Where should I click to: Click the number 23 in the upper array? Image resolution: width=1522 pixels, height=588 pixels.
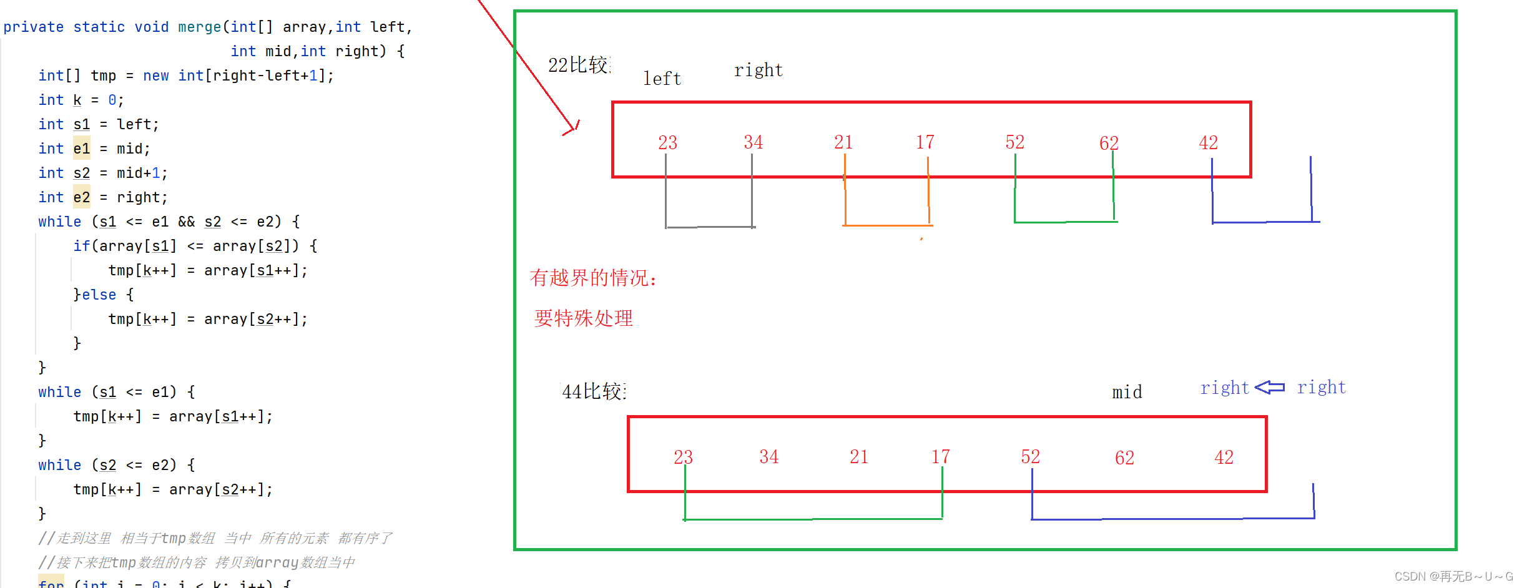click(x=667, y=142)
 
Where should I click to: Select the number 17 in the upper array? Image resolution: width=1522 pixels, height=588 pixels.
click(x=925, y=142)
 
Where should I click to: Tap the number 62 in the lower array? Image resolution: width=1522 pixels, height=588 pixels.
click(x=1124, y=458)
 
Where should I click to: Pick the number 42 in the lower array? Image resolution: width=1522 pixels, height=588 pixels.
click(x=1224, y=457)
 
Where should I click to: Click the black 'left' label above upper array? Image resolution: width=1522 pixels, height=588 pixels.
click(x=662, y=79)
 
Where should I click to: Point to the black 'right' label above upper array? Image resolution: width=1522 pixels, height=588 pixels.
click(x=758, y=70)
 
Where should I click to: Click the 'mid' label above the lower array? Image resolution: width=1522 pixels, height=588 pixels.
click(x=1127, y=392)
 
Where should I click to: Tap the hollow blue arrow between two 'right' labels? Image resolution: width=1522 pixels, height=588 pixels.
click(x=1270, y=388)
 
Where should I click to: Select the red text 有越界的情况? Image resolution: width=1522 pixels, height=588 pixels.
click(x=592, y=278)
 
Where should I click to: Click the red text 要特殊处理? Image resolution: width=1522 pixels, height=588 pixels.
click(x=583, y=318)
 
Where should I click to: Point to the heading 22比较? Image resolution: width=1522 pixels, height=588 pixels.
click(x=578, y=65)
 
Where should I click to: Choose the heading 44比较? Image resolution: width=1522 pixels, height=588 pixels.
click(x=593, y=391)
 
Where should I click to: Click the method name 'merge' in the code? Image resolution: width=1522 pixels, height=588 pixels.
click(x=199, y=27)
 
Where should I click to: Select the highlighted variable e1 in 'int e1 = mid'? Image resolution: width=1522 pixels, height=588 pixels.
click(x=81, y=149)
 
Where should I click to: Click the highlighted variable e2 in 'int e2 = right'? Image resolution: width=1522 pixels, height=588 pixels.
click(x=81, y=197)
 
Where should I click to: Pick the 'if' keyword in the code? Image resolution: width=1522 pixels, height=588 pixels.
click(x=81, y=246)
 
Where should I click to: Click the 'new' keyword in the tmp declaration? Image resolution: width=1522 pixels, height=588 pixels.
click(x=155, y=76)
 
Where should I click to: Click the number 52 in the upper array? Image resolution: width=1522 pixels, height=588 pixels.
click(x=1014, y=142)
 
